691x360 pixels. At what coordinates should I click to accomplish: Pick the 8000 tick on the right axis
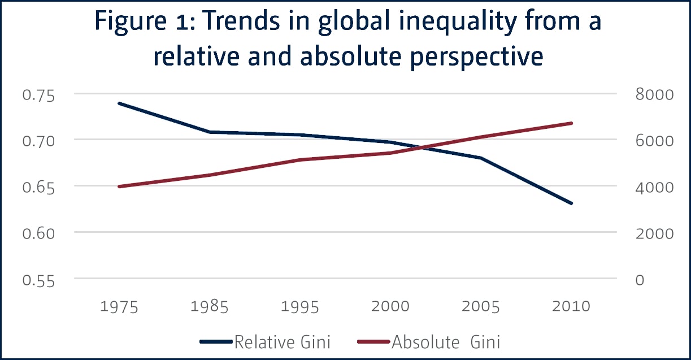click(654, 95)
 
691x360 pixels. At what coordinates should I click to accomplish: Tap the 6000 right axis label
click(654, 141)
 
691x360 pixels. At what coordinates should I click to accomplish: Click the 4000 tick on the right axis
click(654, 187)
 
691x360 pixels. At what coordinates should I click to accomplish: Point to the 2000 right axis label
click(654, 233)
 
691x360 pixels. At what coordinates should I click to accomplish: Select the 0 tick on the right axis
click(640, 279)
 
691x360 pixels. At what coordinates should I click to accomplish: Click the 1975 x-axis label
click(119, 307)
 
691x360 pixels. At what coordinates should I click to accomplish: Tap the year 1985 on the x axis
click(209, 307)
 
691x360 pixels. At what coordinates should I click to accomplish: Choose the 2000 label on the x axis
click(390, 307)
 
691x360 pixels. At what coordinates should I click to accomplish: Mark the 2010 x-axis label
click(571, 307)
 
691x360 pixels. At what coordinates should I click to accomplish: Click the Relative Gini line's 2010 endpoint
click(572, 203)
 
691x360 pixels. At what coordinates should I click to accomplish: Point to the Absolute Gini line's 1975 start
click(119, 186)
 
